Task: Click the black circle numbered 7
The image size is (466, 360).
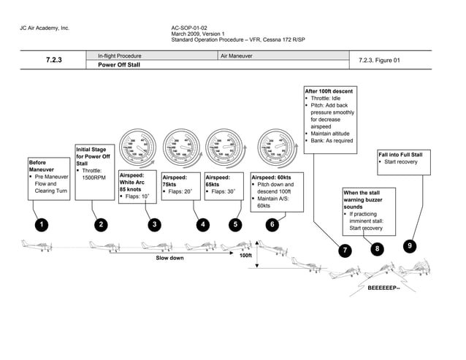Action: pos(344,250)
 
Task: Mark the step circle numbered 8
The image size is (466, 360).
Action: pos(377,249)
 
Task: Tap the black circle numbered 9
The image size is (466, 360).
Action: pos(410,246)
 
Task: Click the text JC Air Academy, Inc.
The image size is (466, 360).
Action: pos(45,28)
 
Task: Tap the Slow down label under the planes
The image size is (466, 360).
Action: pos(170,258)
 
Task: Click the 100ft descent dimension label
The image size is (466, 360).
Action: pos(245,256)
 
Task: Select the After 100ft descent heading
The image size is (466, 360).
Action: pos(329,91)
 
